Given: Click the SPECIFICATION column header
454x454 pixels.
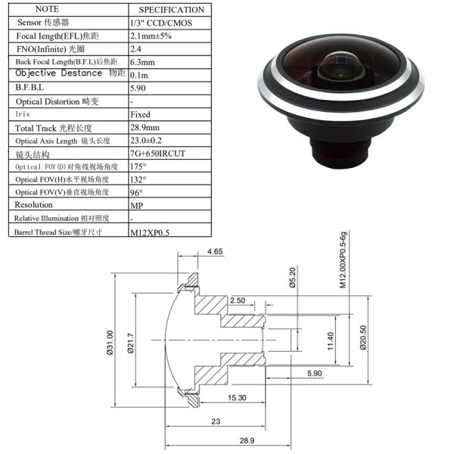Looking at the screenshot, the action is (172, 10).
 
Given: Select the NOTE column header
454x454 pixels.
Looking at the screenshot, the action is (47, 9).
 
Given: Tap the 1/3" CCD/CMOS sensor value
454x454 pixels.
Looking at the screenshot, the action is (161, 23).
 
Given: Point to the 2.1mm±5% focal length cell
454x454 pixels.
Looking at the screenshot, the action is (151, 36).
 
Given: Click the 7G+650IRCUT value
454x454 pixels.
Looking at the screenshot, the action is (157, 154).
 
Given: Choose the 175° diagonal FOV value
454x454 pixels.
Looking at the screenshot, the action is (138, 166).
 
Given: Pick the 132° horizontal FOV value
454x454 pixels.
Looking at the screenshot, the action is (138, 179).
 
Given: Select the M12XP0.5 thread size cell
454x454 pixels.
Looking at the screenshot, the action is (150, 232).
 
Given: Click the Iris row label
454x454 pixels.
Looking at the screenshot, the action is (23, 114).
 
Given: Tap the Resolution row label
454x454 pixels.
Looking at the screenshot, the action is (33, 205).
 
